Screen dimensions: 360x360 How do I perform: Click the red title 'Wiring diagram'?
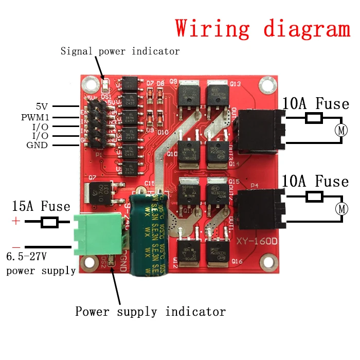click(x=262, y=28)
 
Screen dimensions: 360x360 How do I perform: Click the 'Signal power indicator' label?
click(x=120, y=51)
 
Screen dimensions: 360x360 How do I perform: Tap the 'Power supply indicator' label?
click(x=150, y=312)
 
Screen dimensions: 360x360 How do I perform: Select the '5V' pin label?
click(x=42, y=106)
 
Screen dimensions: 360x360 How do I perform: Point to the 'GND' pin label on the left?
click(x=37, y=145)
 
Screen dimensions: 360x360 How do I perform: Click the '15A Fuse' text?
click(x=41, y=207)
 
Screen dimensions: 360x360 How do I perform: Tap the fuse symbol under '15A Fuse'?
click(x=49, y=222)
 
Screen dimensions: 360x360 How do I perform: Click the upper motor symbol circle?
click(x=341, y=130)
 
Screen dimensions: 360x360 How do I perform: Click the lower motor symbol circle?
click(x=341, y=209)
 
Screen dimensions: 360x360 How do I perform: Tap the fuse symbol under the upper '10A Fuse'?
click(x=314, y=119)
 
